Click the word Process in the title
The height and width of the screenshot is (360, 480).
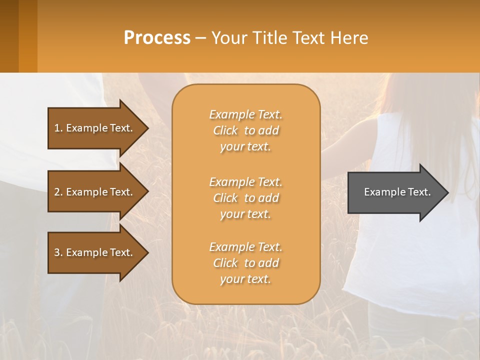tap(157, 38)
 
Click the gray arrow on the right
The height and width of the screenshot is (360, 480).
tap(395, 192)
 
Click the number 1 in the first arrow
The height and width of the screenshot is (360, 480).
tap(57, 128)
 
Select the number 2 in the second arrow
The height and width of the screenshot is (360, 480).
tap(57, 192)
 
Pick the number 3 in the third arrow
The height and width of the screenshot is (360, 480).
tap(57, 252)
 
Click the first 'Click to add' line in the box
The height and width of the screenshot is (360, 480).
tap(246, 130)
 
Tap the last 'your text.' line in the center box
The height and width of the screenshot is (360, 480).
tap(245, 279)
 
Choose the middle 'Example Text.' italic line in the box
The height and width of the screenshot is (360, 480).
tap(245, 182)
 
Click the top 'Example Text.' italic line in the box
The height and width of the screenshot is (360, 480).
tap(245, 114)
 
